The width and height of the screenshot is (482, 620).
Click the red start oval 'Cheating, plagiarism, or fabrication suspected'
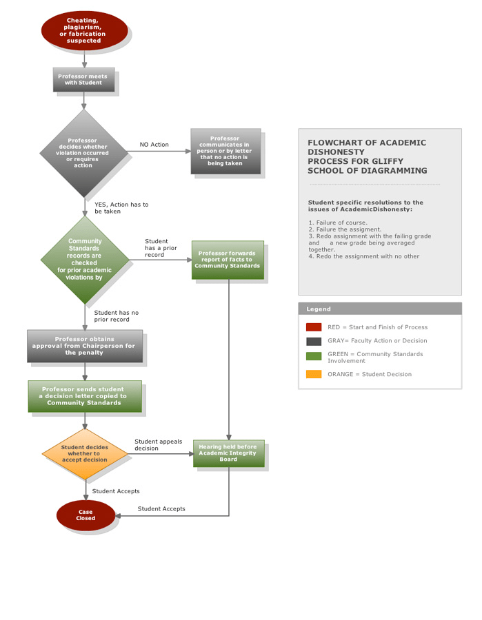[84, 31]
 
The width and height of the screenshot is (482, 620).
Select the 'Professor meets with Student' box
[83, 79]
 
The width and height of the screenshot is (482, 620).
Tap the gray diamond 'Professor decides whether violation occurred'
[83, 153]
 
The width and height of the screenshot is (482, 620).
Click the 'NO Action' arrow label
[154, 145]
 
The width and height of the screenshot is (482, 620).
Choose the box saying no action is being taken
[225, 152]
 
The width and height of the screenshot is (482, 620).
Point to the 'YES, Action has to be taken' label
[121, 208]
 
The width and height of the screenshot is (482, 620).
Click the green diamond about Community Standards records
[85, 260]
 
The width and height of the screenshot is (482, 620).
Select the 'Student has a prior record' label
[161, 248]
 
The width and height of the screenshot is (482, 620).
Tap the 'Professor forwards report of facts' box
[228, 260]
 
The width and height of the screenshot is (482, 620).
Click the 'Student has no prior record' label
[116, 316]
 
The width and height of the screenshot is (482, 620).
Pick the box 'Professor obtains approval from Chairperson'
[85, 346]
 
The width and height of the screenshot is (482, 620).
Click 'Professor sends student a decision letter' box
[85, 396]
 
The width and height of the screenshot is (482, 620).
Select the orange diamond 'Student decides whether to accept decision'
[85, 453]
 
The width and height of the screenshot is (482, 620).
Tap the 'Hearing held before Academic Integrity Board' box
[228, 453]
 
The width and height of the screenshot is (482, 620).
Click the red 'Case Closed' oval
[86, 515]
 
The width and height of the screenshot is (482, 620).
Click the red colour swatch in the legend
[314, 327]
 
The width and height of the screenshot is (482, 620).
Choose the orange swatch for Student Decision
[314, 374]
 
